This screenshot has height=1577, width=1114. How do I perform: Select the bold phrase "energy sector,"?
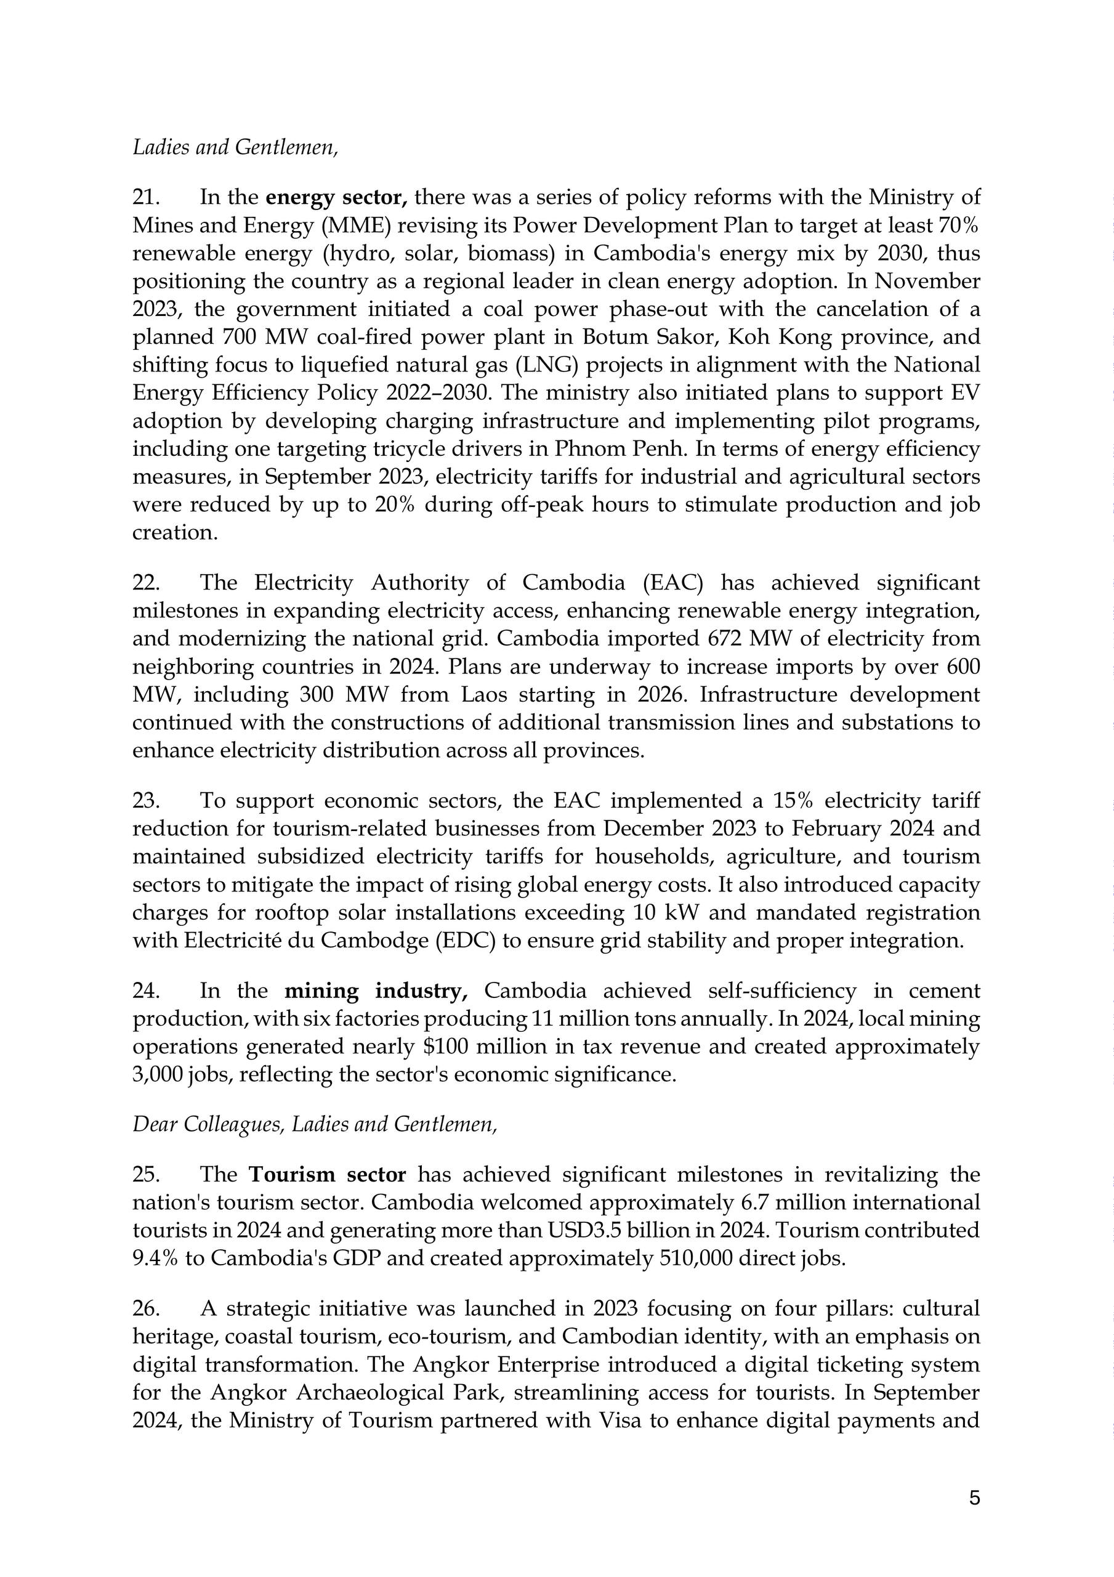tap(336, 198)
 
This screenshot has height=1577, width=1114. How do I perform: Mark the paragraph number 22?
tap(145, 583)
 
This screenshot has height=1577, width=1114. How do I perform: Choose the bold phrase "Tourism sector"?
tap(327, 1175)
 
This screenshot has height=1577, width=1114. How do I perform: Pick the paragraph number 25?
tap(145, 1175)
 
